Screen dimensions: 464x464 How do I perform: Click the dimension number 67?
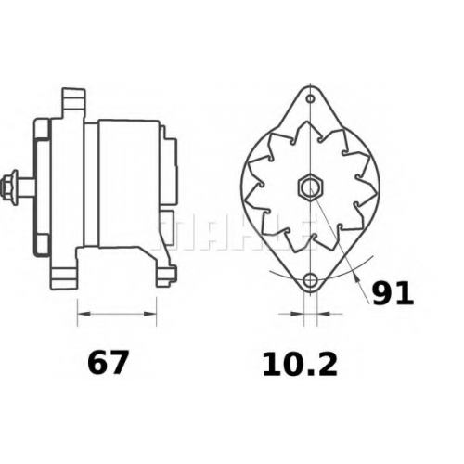pos(108,362)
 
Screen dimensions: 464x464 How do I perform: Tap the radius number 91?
pos(393,292)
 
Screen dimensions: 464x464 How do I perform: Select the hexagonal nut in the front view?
pos(310,187)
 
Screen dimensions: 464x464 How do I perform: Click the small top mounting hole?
pos(310,99)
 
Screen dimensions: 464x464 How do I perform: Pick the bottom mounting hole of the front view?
pos(310,280)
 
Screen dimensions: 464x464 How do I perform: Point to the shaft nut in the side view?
pos(8,187)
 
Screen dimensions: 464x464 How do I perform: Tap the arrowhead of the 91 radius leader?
pos(356,277)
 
